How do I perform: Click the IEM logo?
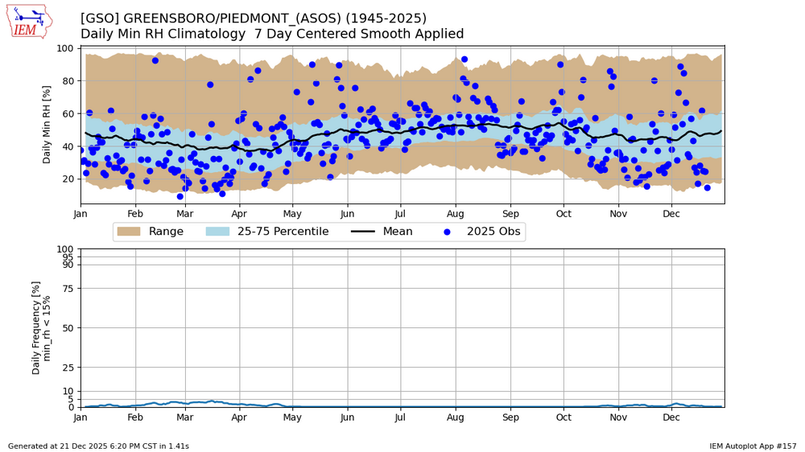coord(29,22)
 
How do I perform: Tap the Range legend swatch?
coord(128,232)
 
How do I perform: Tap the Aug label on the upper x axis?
coord(456,215)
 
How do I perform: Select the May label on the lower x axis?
coord(292,418)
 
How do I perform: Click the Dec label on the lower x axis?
coord(671,418)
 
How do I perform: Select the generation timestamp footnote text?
coord(98,446)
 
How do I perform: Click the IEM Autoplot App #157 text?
coord(753,446)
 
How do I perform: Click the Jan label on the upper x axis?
coord(80,215)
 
